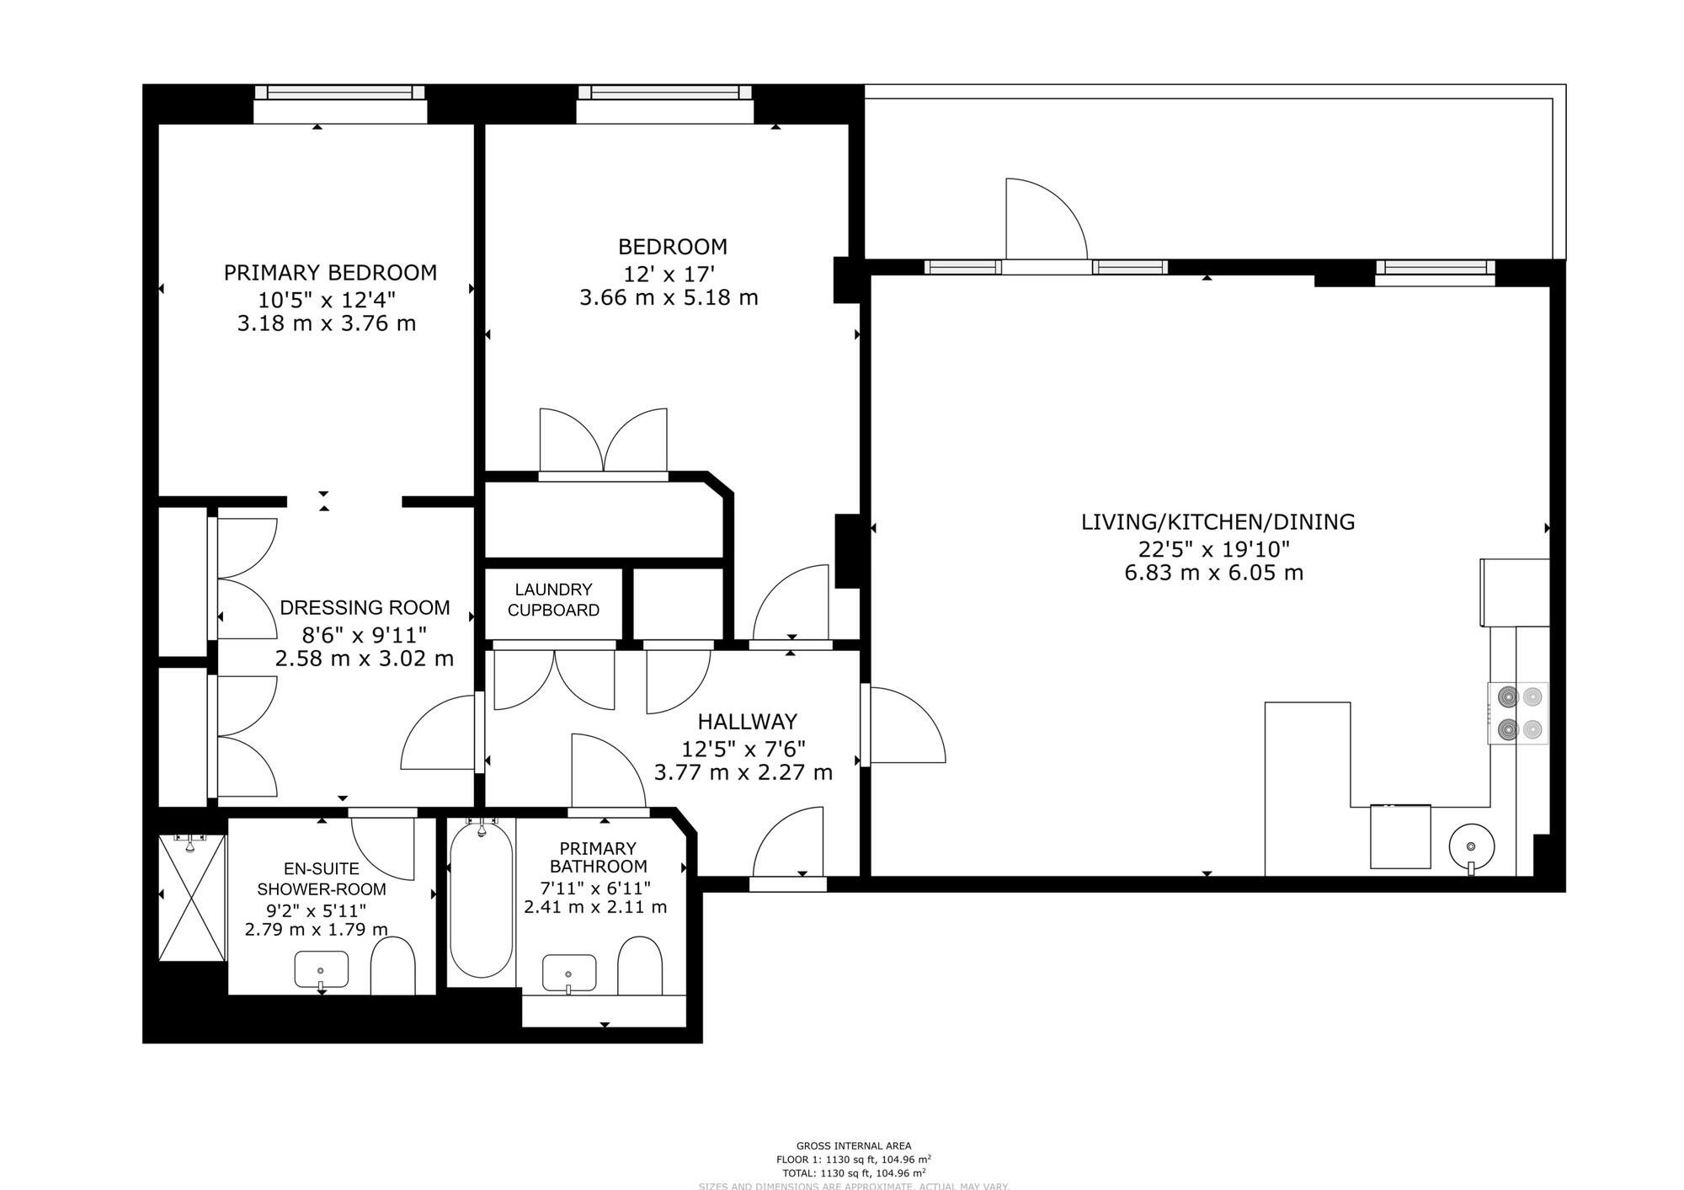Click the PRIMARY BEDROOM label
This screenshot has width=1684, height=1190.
330,273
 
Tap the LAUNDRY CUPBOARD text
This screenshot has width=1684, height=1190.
553,600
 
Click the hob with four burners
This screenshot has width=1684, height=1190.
1518,712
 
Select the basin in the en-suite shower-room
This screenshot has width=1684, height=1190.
321,970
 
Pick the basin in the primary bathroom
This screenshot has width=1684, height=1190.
569,973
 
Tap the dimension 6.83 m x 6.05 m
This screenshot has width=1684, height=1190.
1213,574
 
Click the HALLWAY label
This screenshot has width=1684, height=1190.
747,722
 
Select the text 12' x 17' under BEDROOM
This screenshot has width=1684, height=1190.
669,274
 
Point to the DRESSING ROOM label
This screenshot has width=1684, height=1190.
365,608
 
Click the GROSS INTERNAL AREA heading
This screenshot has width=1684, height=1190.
853,1145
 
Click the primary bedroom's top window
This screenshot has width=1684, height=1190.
339,93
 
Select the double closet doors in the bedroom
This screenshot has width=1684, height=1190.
603,442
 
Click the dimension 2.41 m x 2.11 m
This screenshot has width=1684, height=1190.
595,907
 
